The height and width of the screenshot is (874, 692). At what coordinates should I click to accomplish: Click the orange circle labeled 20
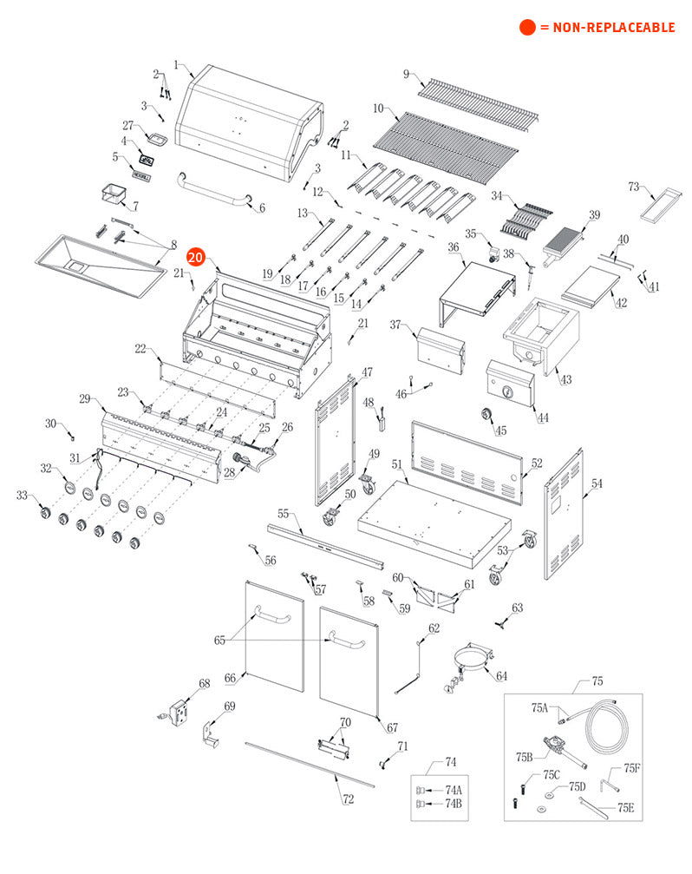click(x=195, y=258)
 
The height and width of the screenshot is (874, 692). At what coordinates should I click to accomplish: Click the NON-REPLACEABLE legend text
click(x=606, y=28)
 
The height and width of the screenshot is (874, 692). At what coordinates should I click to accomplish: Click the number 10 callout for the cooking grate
click(x=379, y=108)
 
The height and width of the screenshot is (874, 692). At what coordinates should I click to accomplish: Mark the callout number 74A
click(x=453, y=790)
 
